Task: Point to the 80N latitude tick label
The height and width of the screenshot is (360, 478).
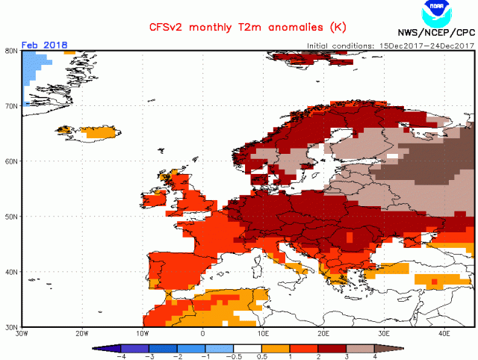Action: point(11,51)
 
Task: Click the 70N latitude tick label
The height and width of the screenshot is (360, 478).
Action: point(11,105)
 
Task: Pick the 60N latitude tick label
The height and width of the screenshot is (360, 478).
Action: point(11,161)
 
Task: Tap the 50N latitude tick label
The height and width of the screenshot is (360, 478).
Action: point(11,217)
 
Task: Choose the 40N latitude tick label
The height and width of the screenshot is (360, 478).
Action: point(11,272)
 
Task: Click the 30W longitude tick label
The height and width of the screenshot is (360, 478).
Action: point(22,333)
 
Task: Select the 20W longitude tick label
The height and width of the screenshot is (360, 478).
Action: point(82,333)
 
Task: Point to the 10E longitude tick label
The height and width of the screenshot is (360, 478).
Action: point(264,333)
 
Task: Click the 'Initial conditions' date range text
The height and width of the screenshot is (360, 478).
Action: point(390,46)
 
